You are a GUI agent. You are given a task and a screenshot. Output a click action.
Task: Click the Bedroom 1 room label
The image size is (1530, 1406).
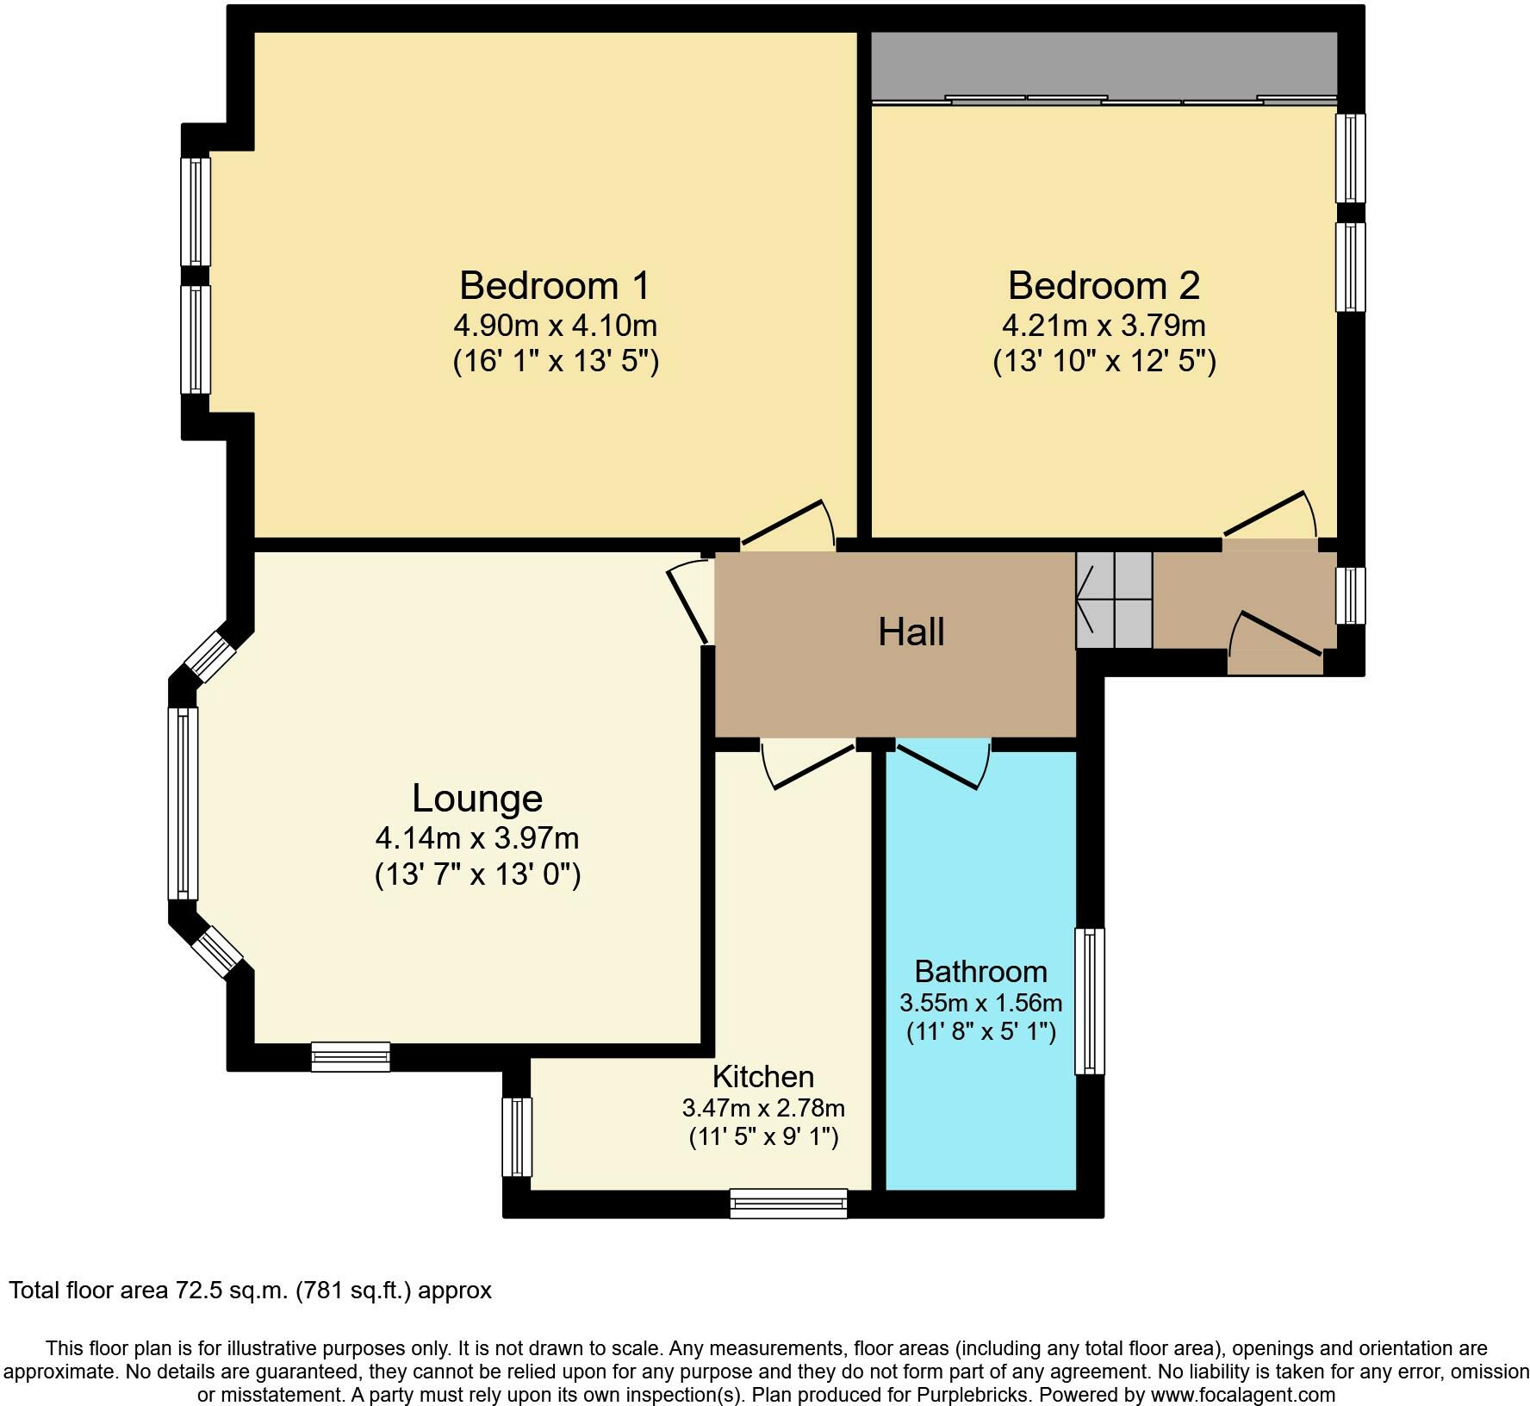coord(555,285)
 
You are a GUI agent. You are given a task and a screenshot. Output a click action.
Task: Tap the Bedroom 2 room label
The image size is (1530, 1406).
coord(1104,285)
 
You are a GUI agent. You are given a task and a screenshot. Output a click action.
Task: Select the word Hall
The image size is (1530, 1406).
coord(911,632)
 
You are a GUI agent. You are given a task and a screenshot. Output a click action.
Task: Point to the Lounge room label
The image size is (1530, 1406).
coord(477,799)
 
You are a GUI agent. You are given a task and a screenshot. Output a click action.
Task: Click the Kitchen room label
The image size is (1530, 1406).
coord(763,1077)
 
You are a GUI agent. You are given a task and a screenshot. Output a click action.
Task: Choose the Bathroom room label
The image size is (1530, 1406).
coord(981,972)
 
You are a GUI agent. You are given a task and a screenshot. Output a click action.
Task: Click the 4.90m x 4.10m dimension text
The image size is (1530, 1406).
coord(556,326)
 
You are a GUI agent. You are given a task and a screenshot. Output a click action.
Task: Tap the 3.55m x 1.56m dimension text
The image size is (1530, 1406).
coord(981,1003)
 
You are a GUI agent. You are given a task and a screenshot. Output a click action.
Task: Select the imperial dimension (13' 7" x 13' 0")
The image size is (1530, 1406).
coord(478,875)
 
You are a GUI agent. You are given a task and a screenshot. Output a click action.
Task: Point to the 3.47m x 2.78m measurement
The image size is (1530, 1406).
coord(763,1107)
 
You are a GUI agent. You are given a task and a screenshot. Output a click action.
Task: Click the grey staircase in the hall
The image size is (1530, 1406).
coord(1114,600)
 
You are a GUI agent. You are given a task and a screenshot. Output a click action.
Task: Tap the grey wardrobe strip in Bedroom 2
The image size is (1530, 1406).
coord(1104,65)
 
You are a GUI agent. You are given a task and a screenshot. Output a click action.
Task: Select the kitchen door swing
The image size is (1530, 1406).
coord(810,763)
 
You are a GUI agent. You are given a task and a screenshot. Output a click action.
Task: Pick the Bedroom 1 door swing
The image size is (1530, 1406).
coord(787,523)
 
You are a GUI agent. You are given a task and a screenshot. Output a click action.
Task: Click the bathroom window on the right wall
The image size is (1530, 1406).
coord(1090,1001)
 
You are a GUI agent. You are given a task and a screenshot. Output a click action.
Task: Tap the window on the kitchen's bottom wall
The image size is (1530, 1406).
coord(788,1203)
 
